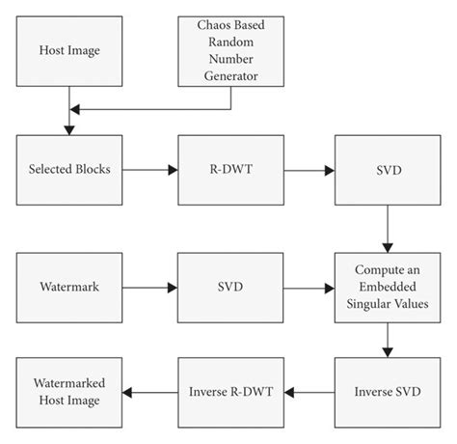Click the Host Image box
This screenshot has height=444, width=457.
(67, 50)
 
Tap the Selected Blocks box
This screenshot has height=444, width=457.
(67, 170)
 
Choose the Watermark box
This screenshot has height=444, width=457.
(67, 287)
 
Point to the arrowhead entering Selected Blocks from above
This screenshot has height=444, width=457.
(67, 127)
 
